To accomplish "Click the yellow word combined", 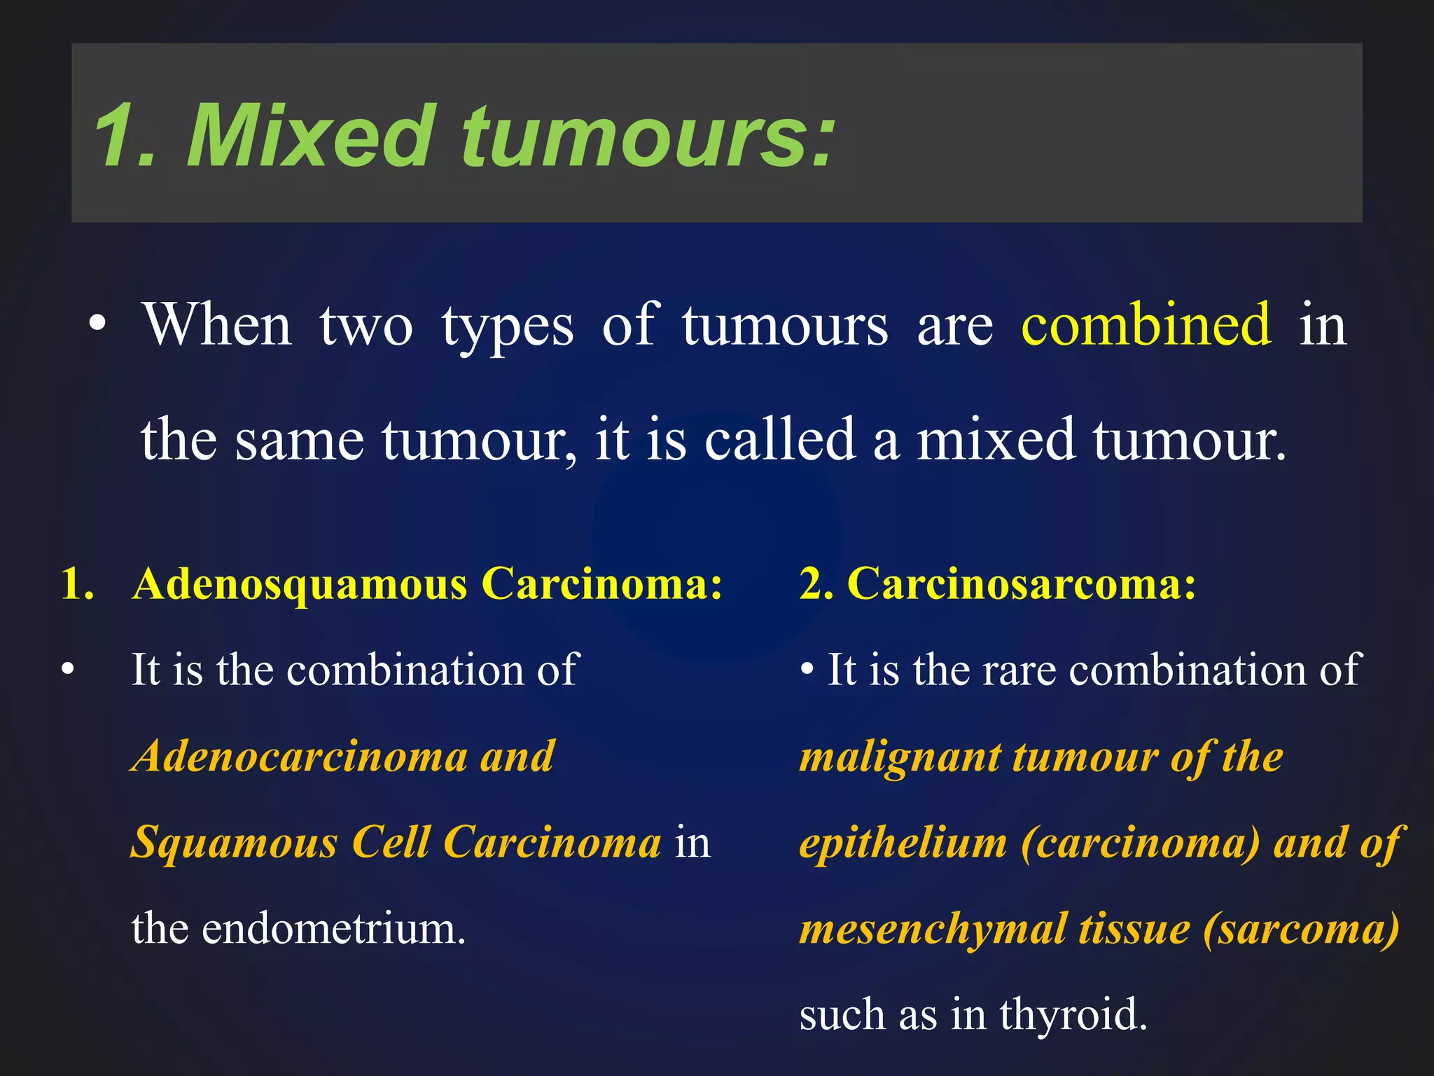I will pos(1146,325).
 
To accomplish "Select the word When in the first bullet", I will pos(217,325).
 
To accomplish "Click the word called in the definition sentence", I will pos(779,440).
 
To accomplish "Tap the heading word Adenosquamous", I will pos(300,584).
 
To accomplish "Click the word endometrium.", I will pos(333,929).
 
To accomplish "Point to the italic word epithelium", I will pos(903,843).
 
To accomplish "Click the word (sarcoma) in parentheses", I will pos(1301,929).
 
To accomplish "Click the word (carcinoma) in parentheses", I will pos(1140,843).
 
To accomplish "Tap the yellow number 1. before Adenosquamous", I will pos(77,584).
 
